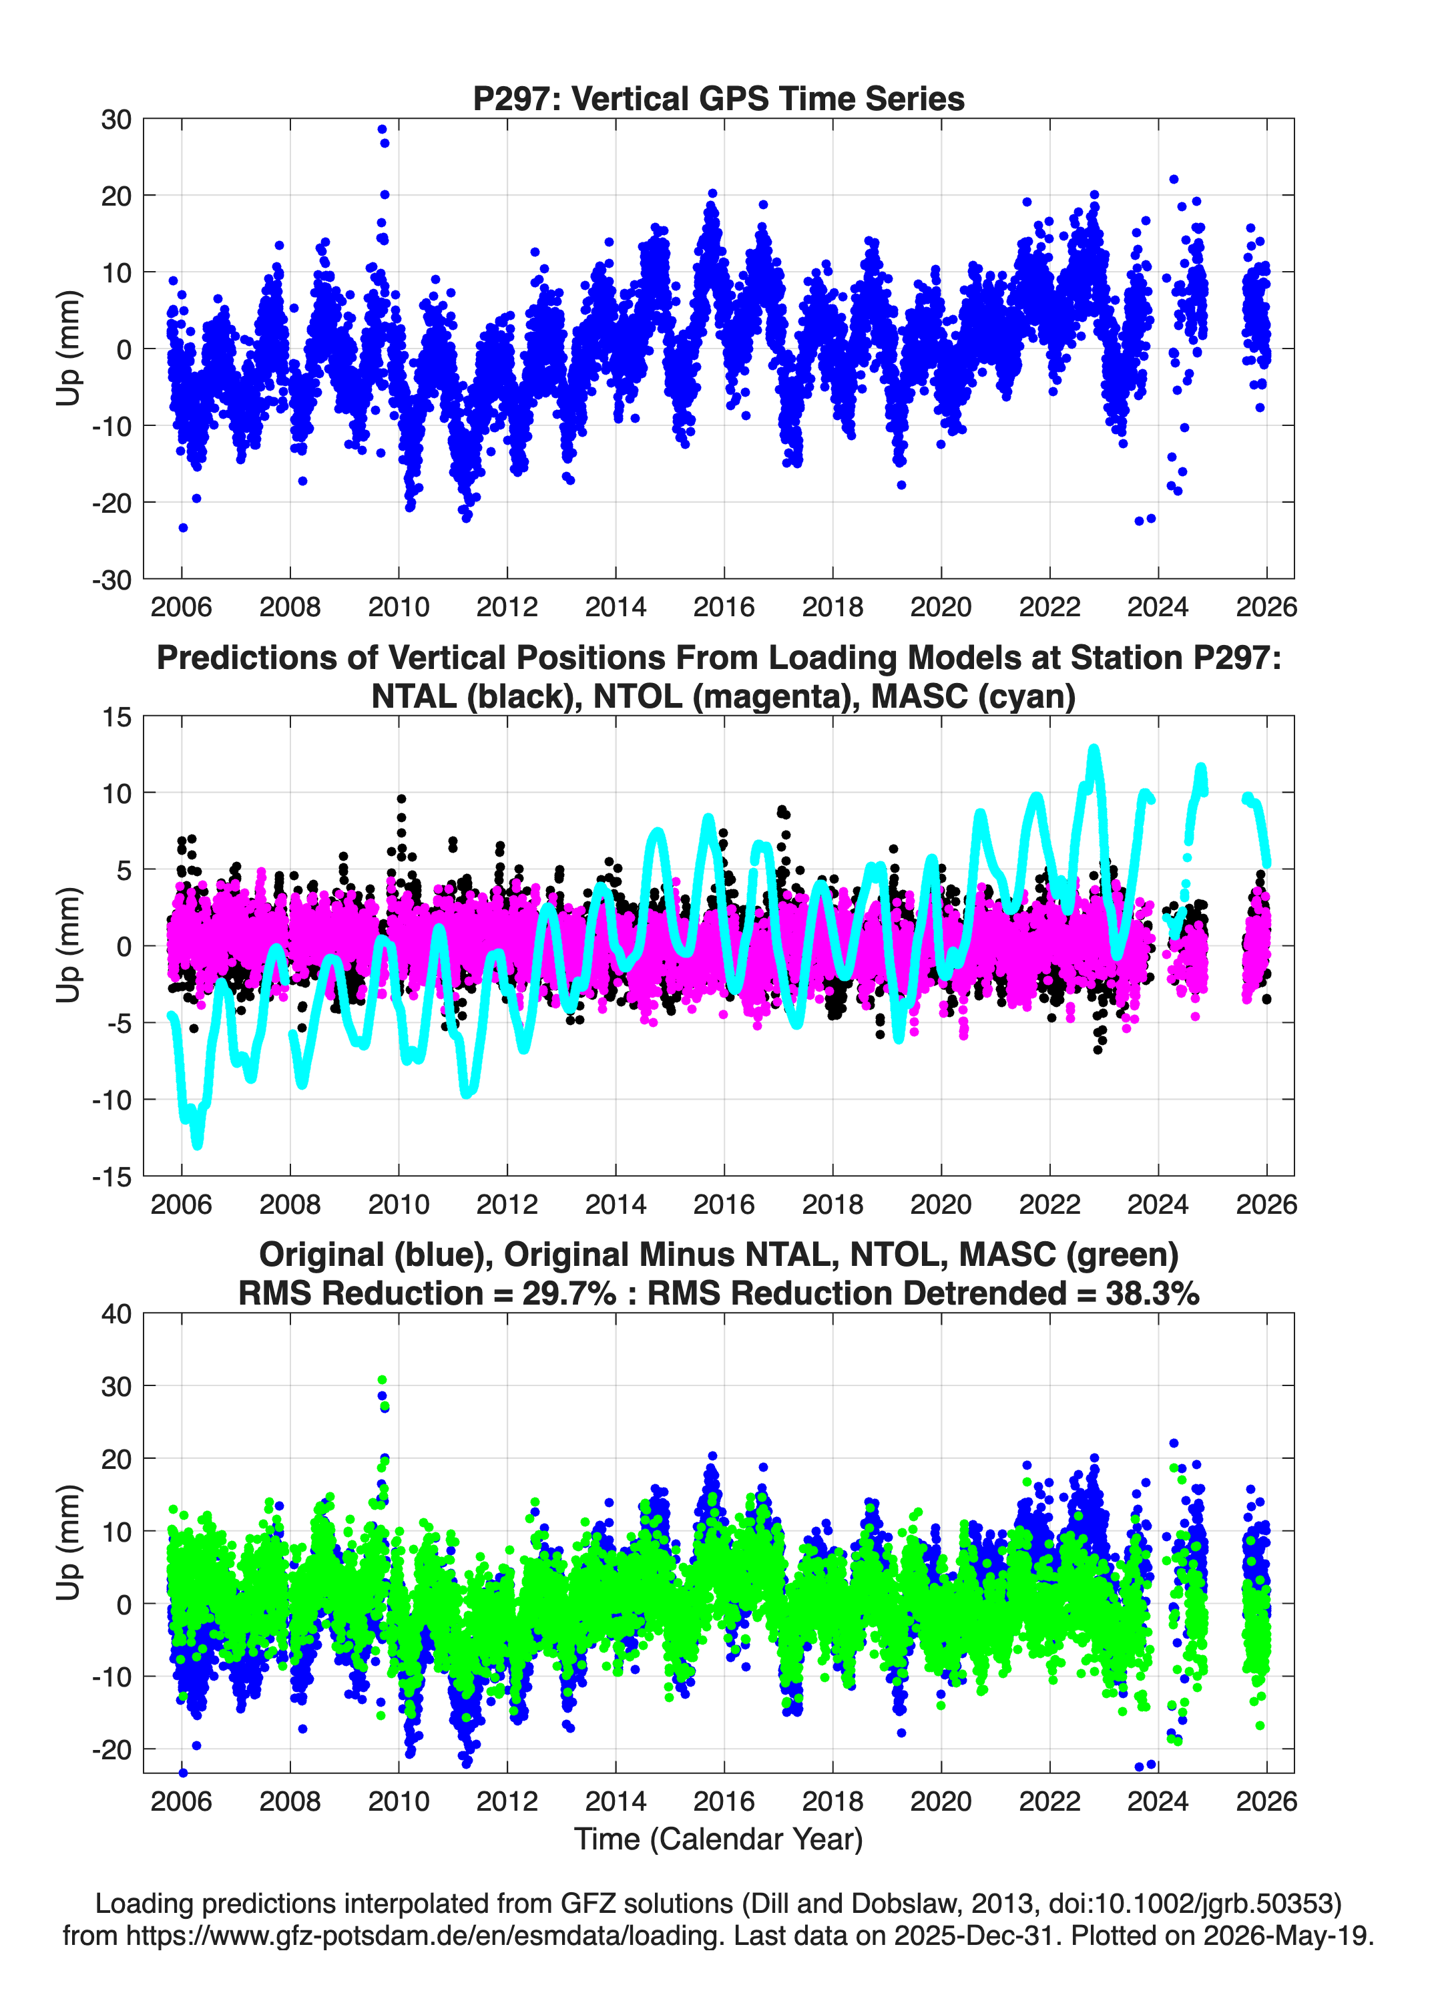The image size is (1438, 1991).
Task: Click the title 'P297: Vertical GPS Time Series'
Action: coord(718,98)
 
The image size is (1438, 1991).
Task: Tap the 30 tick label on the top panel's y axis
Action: coord(116,120)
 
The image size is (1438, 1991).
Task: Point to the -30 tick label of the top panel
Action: coord(111,580)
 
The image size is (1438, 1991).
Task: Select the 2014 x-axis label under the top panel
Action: coord(616,607)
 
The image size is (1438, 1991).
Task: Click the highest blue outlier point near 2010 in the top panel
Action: coord(382,129)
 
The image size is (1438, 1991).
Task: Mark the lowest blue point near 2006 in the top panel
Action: coord(183,527)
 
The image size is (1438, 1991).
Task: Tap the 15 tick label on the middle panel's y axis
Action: coord(117,717)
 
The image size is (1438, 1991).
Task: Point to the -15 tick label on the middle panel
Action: coord(111,1176)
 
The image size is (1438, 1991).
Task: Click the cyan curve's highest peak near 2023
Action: coord(1093,749)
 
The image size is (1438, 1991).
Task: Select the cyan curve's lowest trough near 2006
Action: coord(197,1144)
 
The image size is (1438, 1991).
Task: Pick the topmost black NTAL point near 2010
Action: coord(401,799)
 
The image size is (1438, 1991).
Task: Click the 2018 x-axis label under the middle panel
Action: coord(832,1204)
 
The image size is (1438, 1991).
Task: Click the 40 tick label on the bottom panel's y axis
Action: coord(116,1314)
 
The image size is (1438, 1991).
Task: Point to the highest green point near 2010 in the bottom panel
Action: coord(382,1380)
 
